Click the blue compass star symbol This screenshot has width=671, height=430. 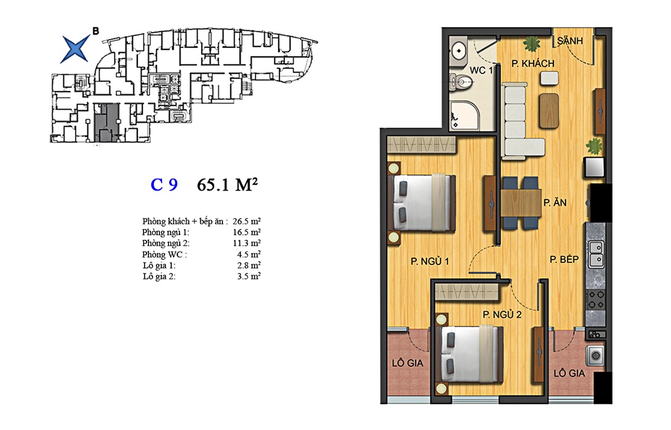pos(75,49)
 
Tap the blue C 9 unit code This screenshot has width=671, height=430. pos(164,185)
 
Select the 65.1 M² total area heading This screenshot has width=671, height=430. pos(227,184)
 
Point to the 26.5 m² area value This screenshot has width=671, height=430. pos(246,221)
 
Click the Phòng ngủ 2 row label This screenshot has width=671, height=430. pos(166,243)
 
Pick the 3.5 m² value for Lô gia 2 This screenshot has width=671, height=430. pos(249,276)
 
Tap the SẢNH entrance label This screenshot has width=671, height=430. pos(570,41)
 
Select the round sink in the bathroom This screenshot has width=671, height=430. pos(459,51)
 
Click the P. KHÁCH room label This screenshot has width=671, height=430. pos(532,63)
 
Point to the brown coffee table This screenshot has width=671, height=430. pos(549,110)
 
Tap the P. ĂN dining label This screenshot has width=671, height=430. pos(555,203)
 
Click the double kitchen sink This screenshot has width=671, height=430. pos(596,254)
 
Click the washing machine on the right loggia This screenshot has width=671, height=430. pos(595,355)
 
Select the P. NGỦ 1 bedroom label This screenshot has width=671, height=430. pos(430,261)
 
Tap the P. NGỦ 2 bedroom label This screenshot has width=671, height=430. pos(502,315)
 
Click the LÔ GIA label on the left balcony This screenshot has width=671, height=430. pos(408,363)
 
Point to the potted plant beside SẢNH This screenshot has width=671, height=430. pos(531,44)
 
